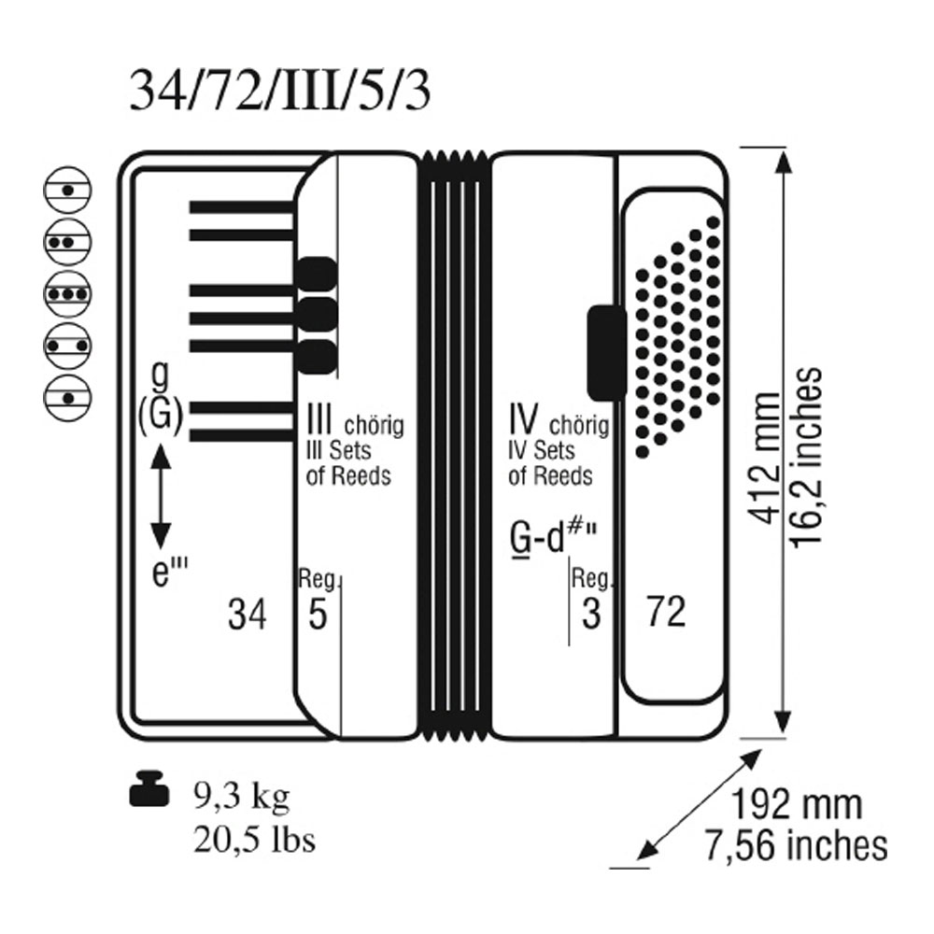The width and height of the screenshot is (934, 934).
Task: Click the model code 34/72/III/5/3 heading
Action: (279, 92)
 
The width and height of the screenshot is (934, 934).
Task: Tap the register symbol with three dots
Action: (67, 294)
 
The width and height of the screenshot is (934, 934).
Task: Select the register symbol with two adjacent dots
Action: (67, 243)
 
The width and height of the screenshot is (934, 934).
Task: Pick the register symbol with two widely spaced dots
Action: (67, 347)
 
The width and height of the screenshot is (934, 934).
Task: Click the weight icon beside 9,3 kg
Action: (149, 789)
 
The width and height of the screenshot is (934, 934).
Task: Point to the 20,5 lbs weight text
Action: (254, 841)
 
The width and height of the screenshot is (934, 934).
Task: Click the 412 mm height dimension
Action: (765, 458)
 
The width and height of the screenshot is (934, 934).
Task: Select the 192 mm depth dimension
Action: (796, 805)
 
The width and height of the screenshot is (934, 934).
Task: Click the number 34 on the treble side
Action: (248, 614)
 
